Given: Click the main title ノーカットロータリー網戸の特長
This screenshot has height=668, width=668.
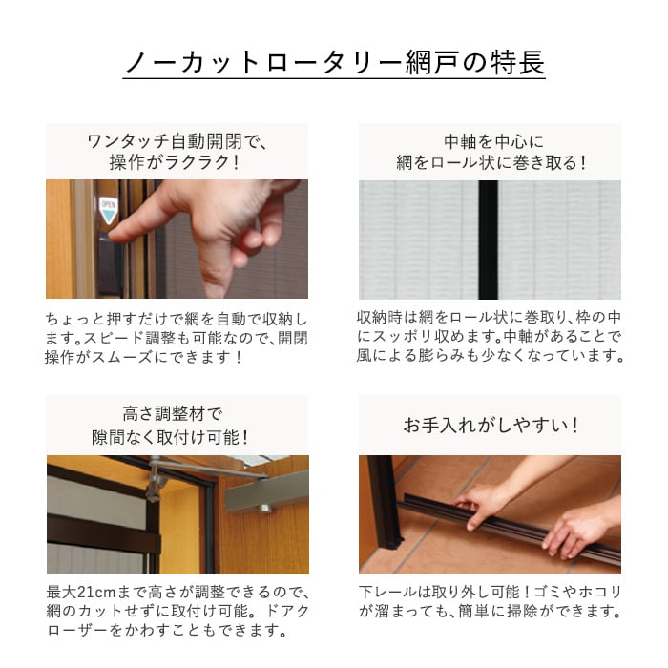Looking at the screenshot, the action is (334, 63).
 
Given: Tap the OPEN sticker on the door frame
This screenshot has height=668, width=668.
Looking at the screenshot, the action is (108, 210).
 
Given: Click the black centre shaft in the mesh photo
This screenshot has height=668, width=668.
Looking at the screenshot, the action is (489, 240).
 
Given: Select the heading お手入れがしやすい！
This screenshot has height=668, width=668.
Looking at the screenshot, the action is (491, 426).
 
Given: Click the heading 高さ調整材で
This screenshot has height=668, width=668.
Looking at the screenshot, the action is (173, 413).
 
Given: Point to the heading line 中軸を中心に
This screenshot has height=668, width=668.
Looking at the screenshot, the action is (493, 142).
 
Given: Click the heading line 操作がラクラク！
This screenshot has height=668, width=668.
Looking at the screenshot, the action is (175, 162).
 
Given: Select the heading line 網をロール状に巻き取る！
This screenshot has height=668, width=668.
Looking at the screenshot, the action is (492, 162).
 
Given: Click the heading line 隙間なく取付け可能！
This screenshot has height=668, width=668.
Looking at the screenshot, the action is (171, 437).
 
